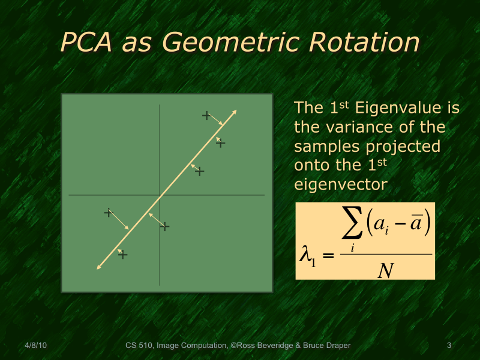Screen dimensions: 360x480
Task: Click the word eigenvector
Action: [x=340, y=184]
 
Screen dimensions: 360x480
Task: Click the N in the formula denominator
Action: [x=386, y=271]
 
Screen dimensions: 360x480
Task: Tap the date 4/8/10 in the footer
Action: [x=36, y=345]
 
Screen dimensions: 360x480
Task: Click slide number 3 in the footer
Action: [x=449, y=345]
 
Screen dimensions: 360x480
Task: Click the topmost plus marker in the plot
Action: [x=206, y=115]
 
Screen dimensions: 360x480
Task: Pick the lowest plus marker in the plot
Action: [x=123, y=255]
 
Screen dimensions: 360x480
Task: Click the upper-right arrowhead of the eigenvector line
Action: [x=235, y=112]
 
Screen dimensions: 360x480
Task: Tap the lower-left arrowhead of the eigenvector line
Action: [x=98, y=268]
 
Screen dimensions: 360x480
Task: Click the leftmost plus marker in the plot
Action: [x=109, y=212]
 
